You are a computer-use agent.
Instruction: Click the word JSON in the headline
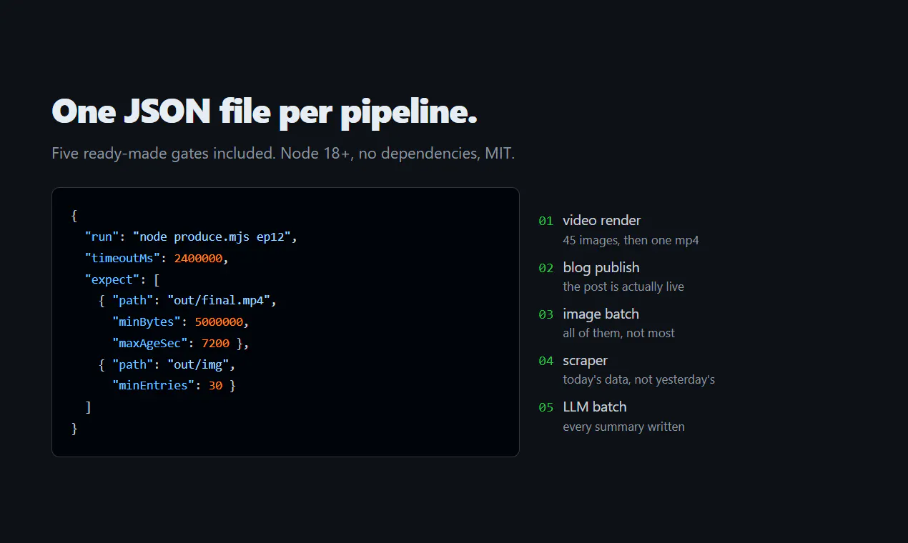[x=167, y=111]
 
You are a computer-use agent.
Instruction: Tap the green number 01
[x=546, y=221]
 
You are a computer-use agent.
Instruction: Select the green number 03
[x=546, y=314]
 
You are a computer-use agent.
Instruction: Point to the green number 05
[x=546, y=407]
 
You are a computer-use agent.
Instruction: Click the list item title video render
[x=601, y=221]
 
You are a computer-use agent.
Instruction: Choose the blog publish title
[x=601, y=268]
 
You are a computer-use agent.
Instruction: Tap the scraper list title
[x=585, y=361]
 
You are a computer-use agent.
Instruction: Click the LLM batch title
[x=595, y=407]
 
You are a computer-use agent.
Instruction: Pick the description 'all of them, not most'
[x=618, y=333]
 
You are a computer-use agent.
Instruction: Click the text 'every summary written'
[x=623, y=427]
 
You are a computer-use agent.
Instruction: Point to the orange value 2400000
[x=198, y=259]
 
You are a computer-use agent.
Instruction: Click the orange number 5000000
[x=219, y=322]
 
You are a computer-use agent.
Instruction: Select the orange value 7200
[x=215, y=344]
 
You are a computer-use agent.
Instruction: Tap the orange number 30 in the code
[x=215, y=386]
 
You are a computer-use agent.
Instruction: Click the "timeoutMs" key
[x=122, y=259]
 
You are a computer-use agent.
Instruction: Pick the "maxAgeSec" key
[x=150, y=344]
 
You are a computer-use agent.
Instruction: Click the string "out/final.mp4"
[x=219, y=301]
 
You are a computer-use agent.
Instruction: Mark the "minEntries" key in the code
[x=153, y=386]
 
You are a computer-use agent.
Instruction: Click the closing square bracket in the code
[x=88, y=407]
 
